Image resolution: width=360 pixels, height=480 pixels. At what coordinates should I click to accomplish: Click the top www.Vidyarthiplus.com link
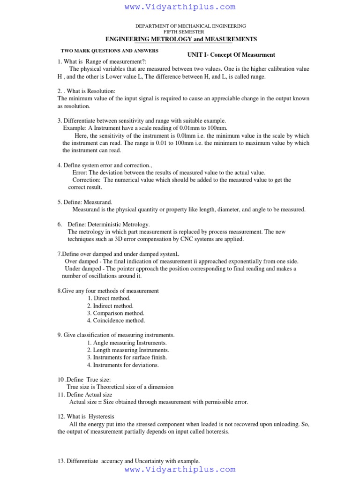[x=180, y=7]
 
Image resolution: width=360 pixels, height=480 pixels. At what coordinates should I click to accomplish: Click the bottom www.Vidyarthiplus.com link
[x=180, y=469]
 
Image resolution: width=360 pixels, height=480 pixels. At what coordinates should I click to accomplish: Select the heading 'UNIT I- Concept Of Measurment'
[x=231, y=55]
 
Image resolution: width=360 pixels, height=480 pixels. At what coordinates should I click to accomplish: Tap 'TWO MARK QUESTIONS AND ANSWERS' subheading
[x=110, y=51]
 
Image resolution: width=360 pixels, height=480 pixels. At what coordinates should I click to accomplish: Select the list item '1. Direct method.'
[x=109, y=298]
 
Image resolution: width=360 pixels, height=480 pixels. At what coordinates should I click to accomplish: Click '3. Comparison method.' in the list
[x=115, y=313]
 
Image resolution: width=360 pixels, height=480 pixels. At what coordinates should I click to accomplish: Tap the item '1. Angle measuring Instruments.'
[x=127, y=343]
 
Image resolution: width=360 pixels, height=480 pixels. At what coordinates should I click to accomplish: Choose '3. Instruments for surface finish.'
[x=127, y=357]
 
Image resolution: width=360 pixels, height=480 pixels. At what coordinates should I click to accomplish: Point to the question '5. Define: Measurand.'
[x=85, y=202]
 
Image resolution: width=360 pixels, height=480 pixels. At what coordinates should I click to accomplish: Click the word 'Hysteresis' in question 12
[x=101, y=416]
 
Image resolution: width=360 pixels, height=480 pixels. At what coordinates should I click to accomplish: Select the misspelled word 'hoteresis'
[x=214, y=432]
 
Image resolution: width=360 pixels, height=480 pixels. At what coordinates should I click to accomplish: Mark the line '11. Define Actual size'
[x=85, y=395]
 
